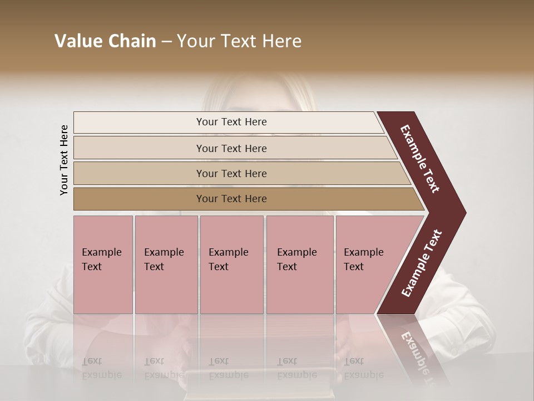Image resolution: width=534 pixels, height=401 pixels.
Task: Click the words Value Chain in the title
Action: coord(105,41)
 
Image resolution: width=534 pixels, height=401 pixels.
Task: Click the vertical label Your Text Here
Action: coord(64,160)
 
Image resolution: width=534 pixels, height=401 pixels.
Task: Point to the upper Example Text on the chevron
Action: coord(420,159)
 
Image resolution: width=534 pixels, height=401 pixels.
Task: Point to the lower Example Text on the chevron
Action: coord(422,263)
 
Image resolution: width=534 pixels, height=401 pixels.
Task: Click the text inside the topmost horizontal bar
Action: coord(231,122)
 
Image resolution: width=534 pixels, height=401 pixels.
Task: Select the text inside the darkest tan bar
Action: coord(231,199)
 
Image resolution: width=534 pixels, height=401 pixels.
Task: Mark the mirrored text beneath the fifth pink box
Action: coord(363,368)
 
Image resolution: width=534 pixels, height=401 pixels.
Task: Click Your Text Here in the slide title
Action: coord(239,41)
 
